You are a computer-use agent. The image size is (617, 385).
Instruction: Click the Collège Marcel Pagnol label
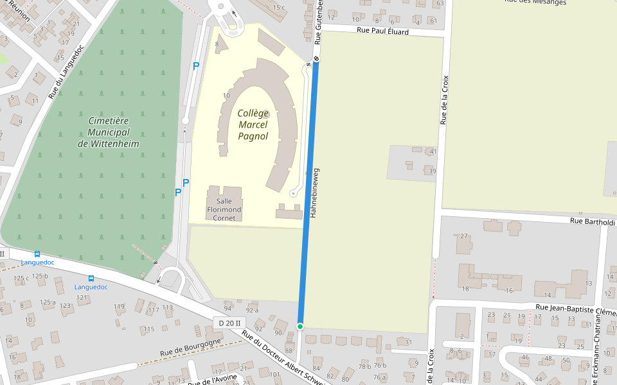pyautogui.click(x=253, y=124)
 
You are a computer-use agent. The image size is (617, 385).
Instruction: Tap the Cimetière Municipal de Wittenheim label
pyautogui.click(x=109, y=132)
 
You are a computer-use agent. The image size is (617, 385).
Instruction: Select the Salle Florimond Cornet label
pyautogui.click(x=224, y=209)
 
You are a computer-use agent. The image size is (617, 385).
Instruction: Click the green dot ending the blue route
pyautogui.click(x=300, y=327)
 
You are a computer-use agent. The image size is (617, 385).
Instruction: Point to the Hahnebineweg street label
pyautogui.click(x=315, y=193)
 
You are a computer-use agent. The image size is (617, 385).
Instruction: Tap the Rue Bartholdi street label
pyautogui.click(x=592, y=222)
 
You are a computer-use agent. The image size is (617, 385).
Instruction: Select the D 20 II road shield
pyautogui.click(x=229, y=323)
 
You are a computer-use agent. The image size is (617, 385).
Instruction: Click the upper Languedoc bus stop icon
pyautogui.click(x=37, y=254)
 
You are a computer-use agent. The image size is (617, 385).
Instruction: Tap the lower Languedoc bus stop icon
pyautogui.click(x=91, y=278)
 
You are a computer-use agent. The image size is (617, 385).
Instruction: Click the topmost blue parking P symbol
pyautogui.click(x=196, y=65)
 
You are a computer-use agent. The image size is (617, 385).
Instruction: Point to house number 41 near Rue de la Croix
pyautogui.click(x=433, y=151)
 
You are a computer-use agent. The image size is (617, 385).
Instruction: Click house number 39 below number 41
pyautogui.click(x=432, y=171)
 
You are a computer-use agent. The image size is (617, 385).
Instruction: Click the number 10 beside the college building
pyautogui.click(x=226, y=96)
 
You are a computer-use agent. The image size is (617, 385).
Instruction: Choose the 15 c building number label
pyautogui.click(x=278, y=7)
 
